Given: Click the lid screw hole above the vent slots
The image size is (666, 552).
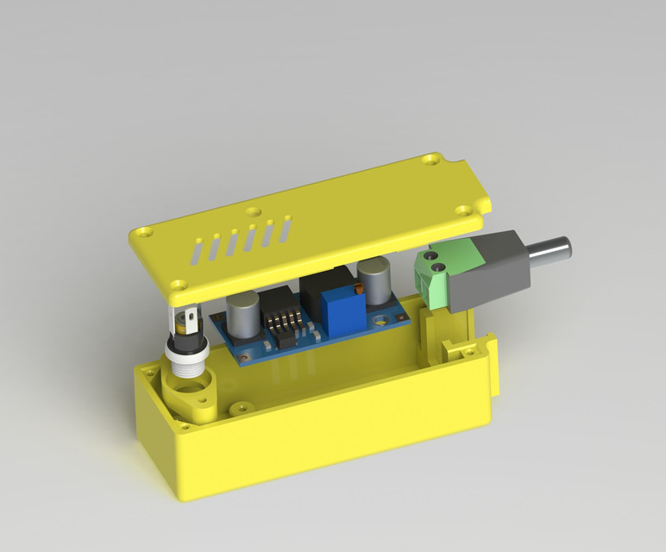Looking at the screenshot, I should (x=252, y=210).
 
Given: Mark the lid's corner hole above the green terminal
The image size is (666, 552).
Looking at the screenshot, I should (x=465, y=209).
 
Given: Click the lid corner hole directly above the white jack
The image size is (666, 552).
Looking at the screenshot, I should (x=178, y=283).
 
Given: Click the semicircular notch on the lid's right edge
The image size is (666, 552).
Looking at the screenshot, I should (x=486, y=204).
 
